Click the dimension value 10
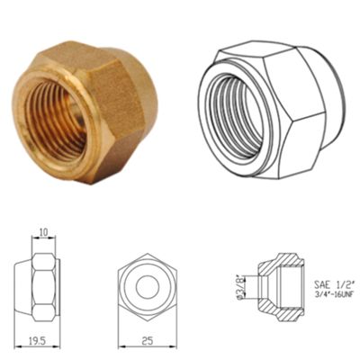43,232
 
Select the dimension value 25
148,340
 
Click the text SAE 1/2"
335,283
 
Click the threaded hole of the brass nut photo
56,119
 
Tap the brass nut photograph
85,112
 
